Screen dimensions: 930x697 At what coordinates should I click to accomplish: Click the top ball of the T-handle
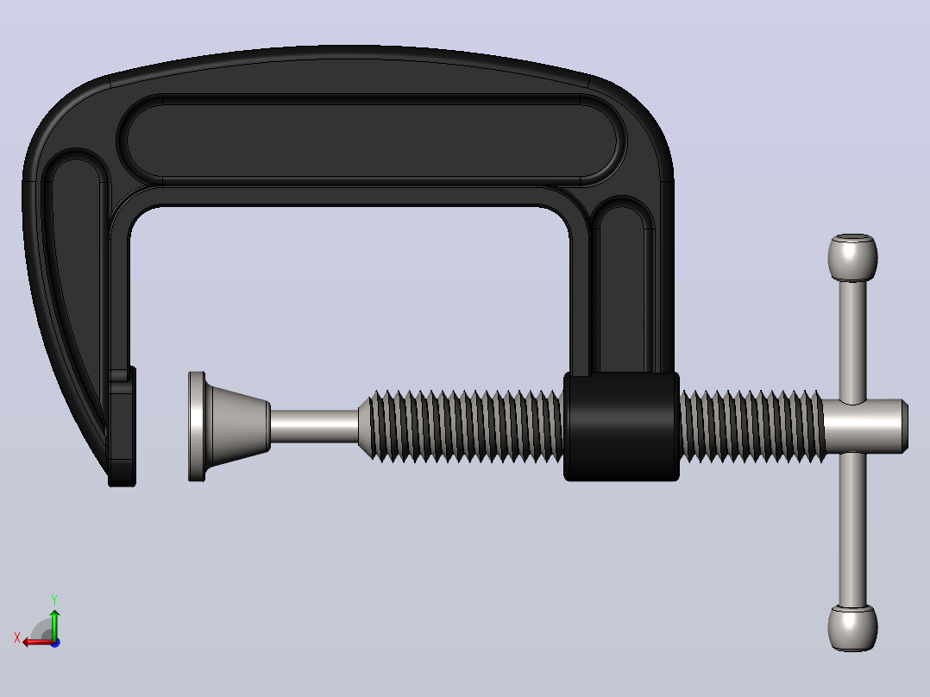pyautogui.click(x=852, y=257)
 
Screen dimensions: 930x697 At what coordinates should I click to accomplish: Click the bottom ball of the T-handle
pyautogui.click(x=852, y=628)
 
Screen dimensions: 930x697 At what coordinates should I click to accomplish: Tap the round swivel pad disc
pyautogui.click(x=197, y=426)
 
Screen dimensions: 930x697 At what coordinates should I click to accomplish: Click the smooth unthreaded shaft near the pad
pyautogui.click(x=314, y=426)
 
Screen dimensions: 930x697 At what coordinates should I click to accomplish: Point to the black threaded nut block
pyautogui.click(x=621, y=426)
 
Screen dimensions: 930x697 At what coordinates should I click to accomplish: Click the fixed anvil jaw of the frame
pyautogui.click(x=123, y=427)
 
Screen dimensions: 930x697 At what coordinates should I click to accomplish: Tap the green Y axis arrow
pyautogui.click(x=54, y=624)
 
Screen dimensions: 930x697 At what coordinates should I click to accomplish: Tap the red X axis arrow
pyautogui.click(x=39, y=642)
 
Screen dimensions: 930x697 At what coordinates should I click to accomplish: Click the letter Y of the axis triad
pyautogui.click(x=54, y=600)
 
